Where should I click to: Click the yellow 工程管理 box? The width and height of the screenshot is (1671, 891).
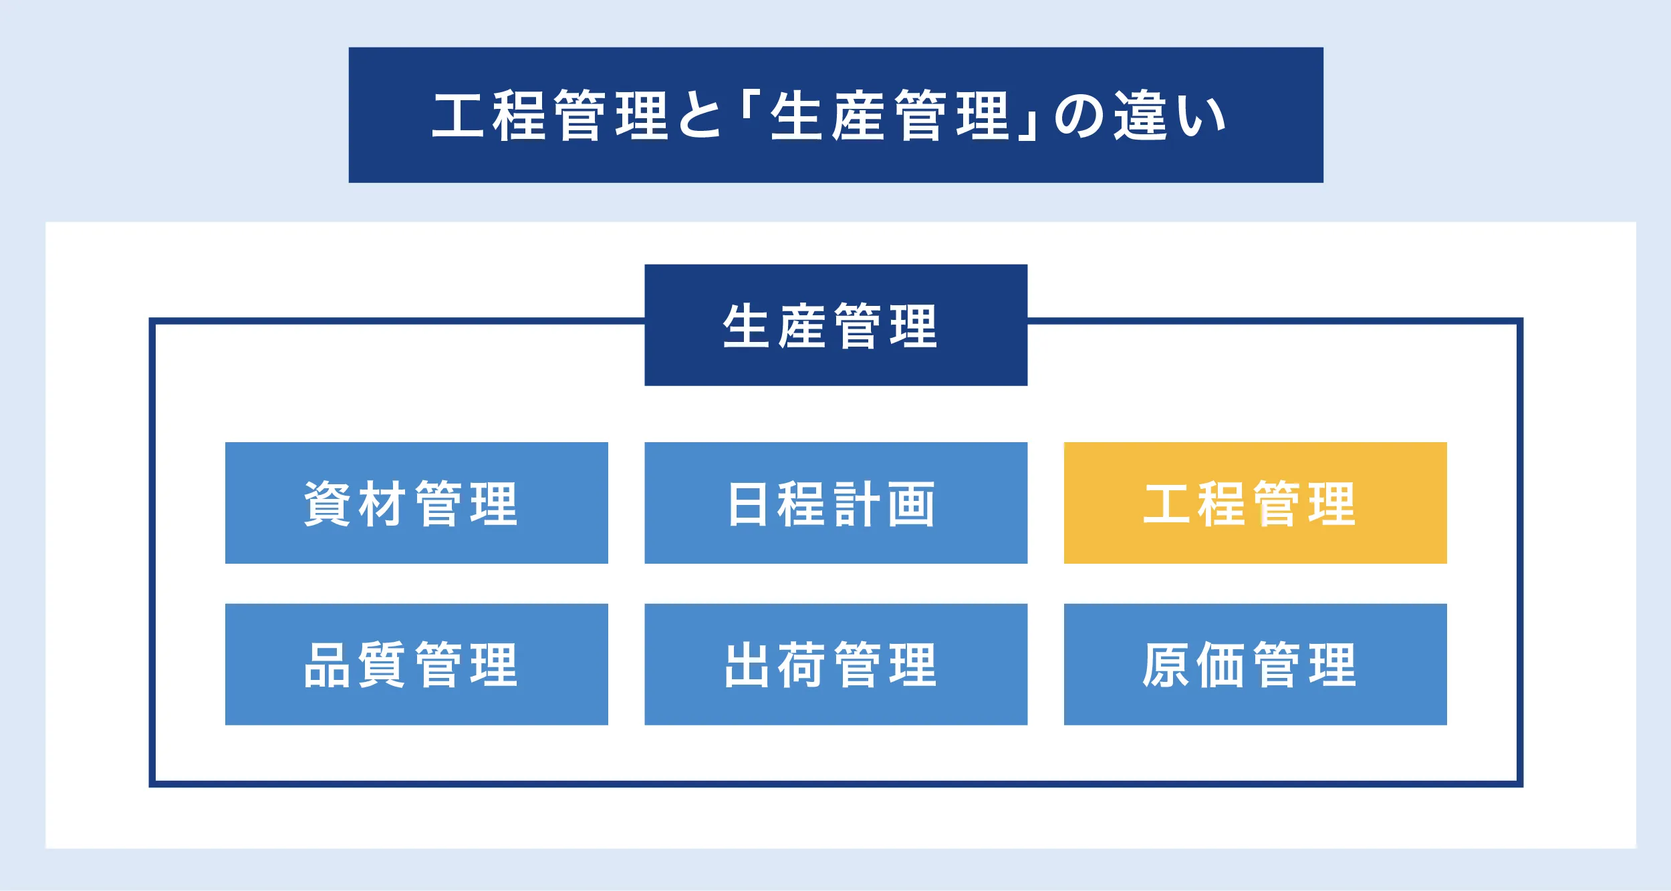[1255, 503]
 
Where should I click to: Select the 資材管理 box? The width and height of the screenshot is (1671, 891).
[416, 503]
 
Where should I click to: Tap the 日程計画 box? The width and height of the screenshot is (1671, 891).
[835, 503]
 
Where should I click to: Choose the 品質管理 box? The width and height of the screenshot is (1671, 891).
[416, 665]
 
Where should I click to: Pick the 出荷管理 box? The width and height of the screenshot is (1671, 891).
[835, 665]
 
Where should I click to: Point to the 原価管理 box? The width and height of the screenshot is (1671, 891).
[1255, 665]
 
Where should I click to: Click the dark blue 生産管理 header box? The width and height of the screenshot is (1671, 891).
[835, 325]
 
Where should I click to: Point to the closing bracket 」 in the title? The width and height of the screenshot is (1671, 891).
[1028, 124]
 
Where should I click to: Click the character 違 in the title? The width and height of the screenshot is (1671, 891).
[1140, 115]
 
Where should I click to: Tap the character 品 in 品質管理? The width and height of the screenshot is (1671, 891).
[327, 665]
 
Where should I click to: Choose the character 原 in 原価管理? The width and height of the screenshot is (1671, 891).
[1166, 665]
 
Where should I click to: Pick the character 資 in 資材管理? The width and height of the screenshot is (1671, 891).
[327, 503]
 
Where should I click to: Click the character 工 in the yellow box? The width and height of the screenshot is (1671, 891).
[1166, 504]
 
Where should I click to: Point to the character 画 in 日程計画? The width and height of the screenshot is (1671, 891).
[912, 504]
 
